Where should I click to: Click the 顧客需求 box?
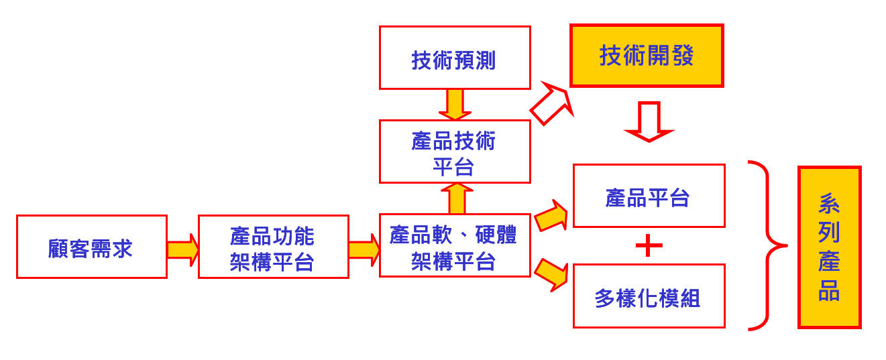(x=91, y=247)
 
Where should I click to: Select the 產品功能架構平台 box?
(x=273, y=247)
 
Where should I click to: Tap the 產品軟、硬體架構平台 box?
(x=455, y=245)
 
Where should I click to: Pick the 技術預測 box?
(x=455, y=58)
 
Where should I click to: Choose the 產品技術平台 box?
(x=455, y=152)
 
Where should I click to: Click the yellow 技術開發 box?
(x=647, y=56)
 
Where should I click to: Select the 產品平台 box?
(x=649, y=196)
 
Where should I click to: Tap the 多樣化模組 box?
(x=649, y=296)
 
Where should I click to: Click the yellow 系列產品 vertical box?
(x=829, y=247)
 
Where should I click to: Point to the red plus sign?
(x=649, y=246)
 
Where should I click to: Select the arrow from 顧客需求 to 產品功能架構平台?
(x=183, y=249)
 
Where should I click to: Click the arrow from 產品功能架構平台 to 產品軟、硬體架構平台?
(x=364, y=249)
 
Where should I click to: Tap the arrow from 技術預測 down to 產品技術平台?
(x=455, y=105)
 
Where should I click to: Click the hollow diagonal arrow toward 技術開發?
(x=551, y=104)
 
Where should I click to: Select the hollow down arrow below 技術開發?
(x=649, y=121)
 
